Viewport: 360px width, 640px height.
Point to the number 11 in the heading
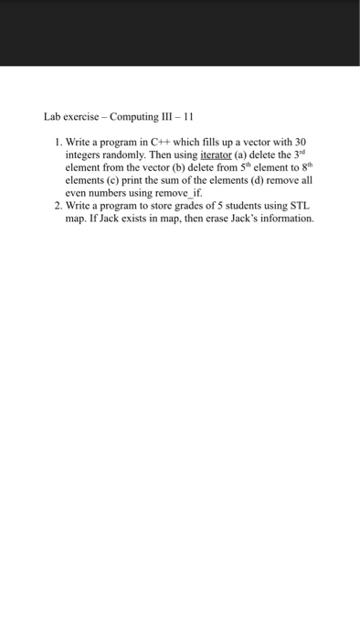pos(187,117)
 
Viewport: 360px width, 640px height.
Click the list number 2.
pos(57,207)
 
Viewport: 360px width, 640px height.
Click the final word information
pos(285,219)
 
